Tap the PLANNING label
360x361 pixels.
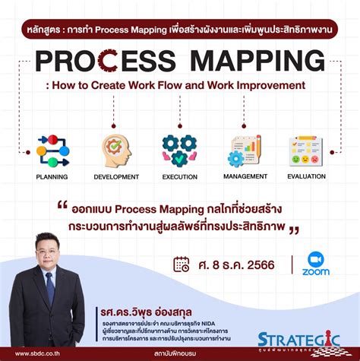point(52,176)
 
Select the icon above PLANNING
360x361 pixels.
point(52,150)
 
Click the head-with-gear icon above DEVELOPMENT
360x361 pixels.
point(116,150)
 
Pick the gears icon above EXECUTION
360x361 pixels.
point(179,150)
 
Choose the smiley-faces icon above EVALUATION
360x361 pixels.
point(307,150)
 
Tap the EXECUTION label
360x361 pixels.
point(180,176)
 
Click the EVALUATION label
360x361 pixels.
point(307,176)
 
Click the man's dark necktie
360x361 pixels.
point(50,289)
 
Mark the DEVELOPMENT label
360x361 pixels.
point(116,176)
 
